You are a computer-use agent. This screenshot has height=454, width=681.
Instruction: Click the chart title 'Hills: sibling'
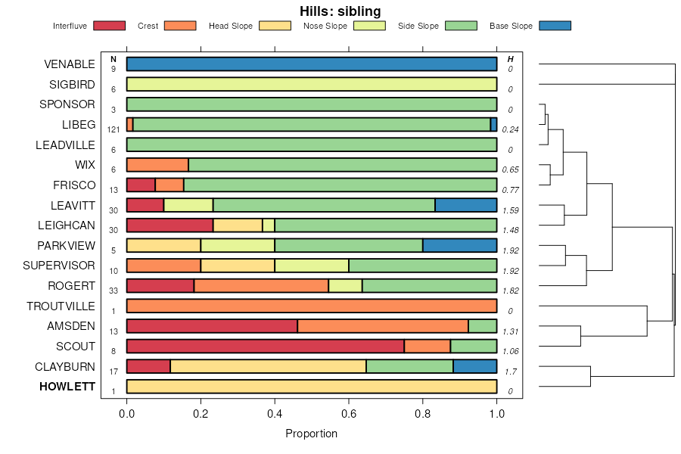tap(340, 11)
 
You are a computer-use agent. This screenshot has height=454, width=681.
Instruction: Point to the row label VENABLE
tap(70, 64)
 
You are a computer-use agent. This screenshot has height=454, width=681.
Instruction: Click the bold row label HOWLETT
tap(67, 387)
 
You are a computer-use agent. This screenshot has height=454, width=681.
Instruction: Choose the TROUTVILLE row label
tap(61, 306)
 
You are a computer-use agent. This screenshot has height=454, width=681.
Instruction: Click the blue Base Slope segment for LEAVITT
tap(466, 205)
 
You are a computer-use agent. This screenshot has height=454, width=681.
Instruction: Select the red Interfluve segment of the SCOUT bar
tap(265, 347)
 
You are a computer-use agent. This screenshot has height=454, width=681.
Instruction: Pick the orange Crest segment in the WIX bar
tap(157, 165)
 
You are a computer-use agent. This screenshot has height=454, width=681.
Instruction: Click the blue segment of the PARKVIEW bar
tap(460, 245)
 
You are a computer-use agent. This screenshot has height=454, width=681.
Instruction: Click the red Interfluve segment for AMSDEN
tap(212, 326)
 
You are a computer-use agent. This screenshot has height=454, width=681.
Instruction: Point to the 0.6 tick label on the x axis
tap(349, 413)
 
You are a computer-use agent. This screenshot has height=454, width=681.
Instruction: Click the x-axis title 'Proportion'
tap(311, 434)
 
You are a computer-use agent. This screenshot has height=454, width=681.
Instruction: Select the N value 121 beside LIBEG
tap(113, 130)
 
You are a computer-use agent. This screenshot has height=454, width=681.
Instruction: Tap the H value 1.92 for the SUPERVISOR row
tap(511, 271)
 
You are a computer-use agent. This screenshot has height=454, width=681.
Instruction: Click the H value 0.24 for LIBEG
tap(511, 130)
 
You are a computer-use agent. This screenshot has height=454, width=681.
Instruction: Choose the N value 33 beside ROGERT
tap(113, 291)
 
